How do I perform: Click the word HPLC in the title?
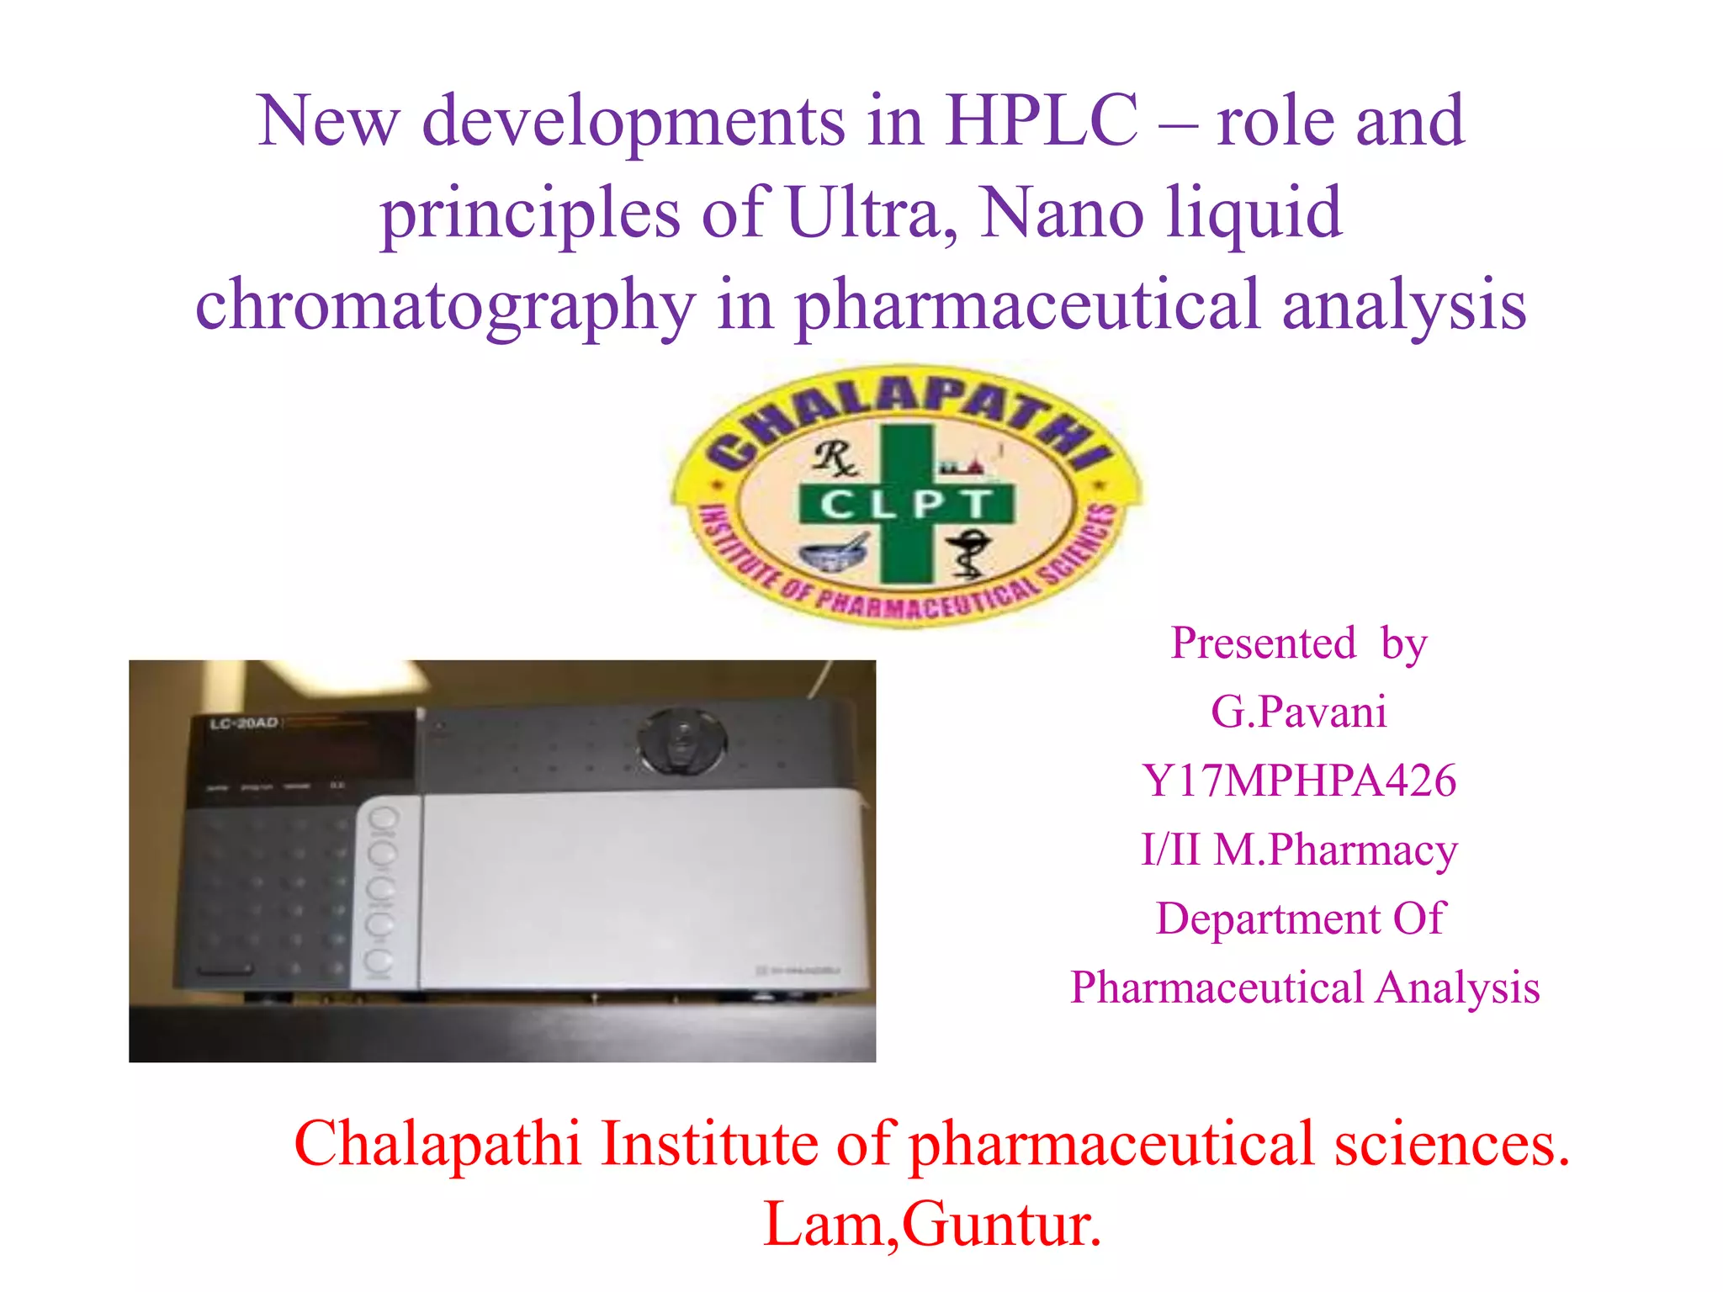point(1041,121)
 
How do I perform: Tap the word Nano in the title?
point(1062,213)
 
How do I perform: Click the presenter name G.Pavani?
point(1298,712)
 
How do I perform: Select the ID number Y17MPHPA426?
point(1298,781)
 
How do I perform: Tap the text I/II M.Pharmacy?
point(1298,850)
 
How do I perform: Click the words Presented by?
point(1298,643)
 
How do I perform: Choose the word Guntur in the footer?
point(1001,1225)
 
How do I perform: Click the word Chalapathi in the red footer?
point(437,1144)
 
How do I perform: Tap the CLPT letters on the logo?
point(905,505)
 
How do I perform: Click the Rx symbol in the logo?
point(834,458)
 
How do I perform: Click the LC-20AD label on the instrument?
point(244,723)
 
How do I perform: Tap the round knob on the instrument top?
point(681,740)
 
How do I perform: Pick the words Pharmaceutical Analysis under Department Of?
point(1304,988)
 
